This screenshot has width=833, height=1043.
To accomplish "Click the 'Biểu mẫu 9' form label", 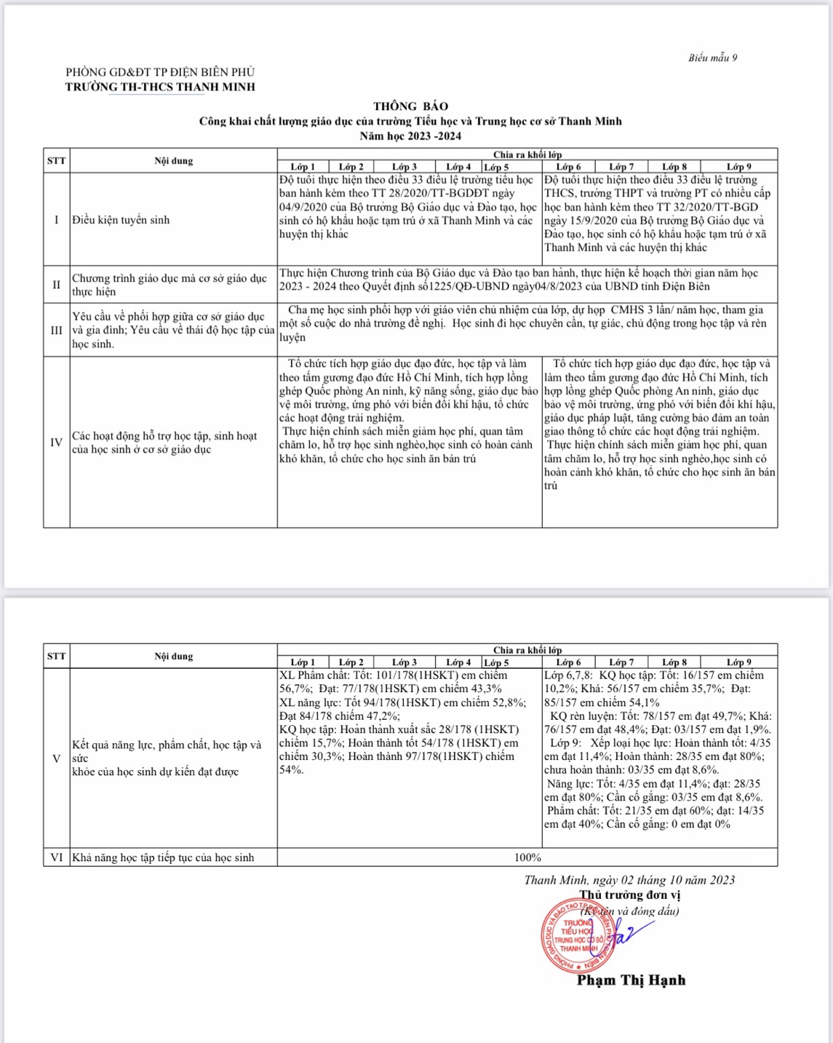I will (712, 58).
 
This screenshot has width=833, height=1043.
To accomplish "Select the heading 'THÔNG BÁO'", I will (410, 106).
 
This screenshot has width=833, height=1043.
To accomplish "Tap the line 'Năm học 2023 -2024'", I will (410, 136).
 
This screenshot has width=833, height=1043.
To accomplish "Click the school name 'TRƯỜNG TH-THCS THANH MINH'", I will (160, 87).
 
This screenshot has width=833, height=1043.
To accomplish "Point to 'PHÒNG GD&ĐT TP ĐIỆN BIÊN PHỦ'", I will (160, 72).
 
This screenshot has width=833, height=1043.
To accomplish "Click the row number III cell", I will (56, 330).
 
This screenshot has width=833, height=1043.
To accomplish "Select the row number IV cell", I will (56, 443).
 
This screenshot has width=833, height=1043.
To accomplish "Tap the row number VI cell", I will (56, 857).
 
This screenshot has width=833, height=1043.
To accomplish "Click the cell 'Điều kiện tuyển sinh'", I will (121, 220).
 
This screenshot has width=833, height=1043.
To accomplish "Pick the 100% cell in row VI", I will (527, 857).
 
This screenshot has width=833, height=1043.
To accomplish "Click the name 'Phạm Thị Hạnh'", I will (631, 980).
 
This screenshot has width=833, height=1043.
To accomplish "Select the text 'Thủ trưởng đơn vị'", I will (630, 895).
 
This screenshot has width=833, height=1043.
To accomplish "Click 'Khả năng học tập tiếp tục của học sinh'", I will (163, 857).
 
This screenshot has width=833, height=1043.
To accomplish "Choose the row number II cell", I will (56, 285).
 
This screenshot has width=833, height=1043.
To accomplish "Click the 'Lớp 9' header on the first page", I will (738, 167).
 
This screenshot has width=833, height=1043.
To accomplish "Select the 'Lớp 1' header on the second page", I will (303, 662).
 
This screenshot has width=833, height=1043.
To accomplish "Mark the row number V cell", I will (56, 758).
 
